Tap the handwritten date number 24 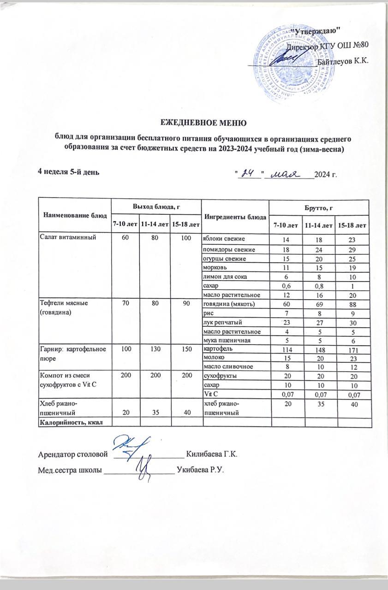tap(249, 173)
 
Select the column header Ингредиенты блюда tap(234, 216)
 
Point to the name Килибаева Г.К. tap(211, 454)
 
